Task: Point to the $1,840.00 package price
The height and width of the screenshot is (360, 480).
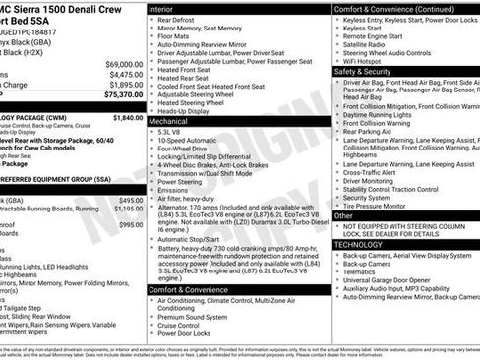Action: (128, 117)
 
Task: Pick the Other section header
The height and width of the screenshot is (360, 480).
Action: (344, 215)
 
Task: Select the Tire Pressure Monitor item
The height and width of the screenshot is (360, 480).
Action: (380, 206)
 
